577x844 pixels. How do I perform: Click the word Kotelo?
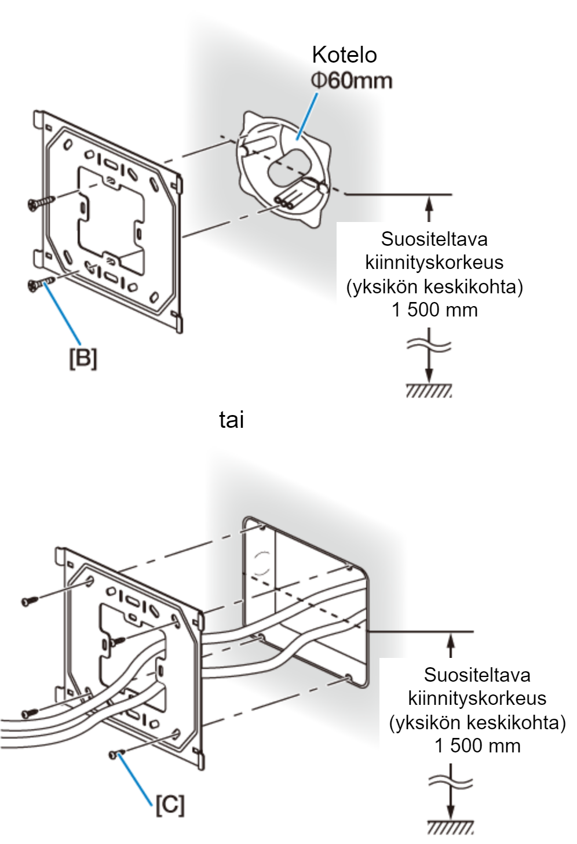tap(344, 55)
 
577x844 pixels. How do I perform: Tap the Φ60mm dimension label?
tap(352, 81)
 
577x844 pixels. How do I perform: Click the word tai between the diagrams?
tap(231, 420)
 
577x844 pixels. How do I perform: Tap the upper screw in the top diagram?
tap(42, 202)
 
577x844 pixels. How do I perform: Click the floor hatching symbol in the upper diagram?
tap(429, 391)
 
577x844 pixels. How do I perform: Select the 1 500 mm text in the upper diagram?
tap(434, 310)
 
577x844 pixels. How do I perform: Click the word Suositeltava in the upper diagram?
tap(434, 239)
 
